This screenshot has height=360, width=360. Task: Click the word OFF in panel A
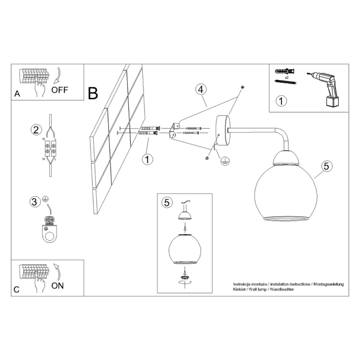coord(59,89)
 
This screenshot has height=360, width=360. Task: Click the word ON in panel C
coord(58,286)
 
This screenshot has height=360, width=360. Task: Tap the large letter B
coord(93,94)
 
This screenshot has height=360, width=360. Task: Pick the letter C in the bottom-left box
coord(17,290)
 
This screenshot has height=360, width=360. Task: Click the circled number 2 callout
coord(36,129)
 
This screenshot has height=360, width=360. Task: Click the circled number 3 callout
coord(35,201)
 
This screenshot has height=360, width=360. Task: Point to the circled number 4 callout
coord(200,89)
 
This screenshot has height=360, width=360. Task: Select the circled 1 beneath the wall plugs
coord(148,159)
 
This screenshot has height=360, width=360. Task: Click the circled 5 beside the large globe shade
coord(325,166)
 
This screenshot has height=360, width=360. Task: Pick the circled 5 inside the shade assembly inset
coord(167,203)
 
